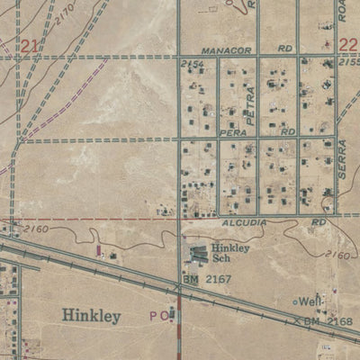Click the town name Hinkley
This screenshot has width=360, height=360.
pyautogui.click(x=91, y=316)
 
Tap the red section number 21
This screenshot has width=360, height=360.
pyautogui.click(x=31, y=46)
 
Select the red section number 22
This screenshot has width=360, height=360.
pyautogui.click(x=348, y=44)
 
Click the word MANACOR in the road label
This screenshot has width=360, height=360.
pyautogui.click(x=224, y=51)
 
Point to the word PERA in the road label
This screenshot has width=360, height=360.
pyautogui.click(x=233, y=131)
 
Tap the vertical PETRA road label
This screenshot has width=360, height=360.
pyautogui.click(x=253, y=103)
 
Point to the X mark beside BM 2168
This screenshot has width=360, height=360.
pyautogui.click(x=295, y=320)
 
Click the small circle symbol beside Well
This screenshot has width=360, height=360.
pyautogui.click(x=295, y=301)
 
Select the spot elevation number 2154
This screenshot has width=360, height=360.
pyautogui.click(x=191, y=66)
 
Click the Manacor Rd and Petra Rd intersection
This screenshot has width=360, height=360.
pyautogui.click(x=258, y=57)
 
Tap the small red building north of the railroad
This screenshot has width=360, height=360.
pyautogui.click(x=98, y=251)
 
